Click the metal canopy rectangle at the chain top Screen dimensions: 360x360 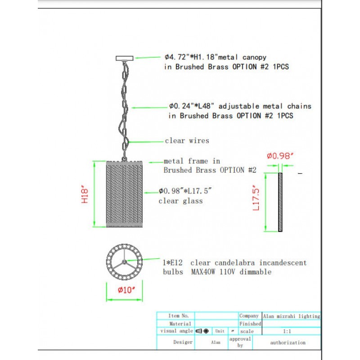[x=125, y=58]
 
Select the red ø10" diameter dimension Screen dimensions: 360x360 [x=126, y=290]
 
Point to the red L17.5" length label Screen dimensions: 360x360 [x=256, y=198]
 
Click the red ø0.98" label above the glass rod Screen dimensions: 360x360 [x=280, y=156]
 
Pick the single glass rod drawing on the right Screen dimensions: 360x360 [x=280, y=202]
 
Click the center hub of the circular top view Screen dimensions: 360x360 [x=125, y=262]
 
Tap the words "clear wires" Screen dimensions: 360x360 [x=187, y=140]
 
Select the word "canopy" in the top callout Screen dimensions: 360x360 [x=254, y=58]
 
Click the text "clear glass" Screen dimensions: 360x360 [x=180, y=201]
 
